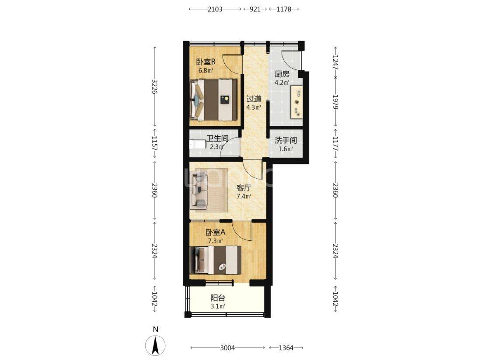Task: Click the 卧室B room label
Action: coord(206,62)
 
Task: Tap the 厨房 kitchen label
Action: coord(282,74)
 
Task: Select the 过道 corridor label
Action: coord(254,99)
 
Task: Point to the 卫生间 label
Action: coord(217,138)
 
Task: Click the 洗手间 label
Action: coord(286,141)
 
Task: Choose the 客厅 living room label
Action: coord(244,188)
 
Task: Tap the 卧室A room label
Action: coord(216,233)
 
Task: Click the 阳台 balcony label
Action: coord(218,298)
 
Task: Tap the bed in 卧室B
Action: coord(213,100)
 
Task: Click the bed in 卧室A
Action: coord(216,260)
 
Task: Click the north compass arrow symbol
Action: coord(155,346)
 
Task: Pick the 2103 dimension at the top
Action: coord(215,9)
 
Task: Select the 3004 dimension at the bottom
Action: coord(227,348)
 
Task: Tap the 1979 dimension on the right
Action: coord(335,102)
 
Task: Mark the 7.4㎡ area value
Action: coord(244,197)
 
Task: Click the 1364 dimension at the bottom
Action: coord(286,348)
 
